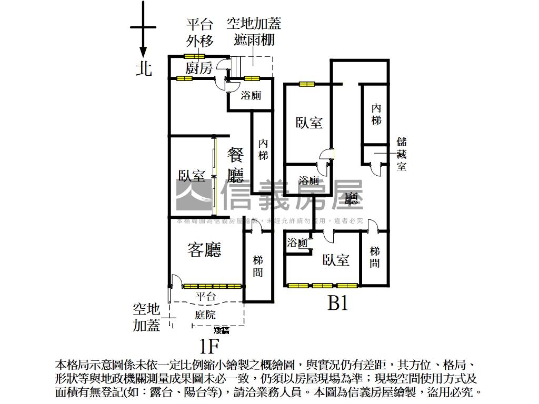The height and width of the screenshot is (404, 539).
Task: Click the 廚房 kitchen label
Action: tap(199, 68)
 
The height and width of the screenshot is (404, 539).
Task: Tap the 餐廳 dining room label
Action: tap(236, 165)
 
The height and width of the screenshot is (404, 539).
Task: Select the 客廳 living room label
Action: tap(204, 250)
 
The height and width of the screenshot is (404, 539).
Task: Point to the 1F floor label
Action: tap(209, 346)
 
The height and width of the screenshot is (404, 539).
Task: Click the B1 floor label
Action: tap(338, 303)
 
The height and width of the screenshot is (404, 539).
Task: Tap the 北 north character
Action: tap(144, 69)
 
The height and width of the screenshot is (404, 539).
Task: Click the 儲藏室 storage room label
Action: tap(402, 154)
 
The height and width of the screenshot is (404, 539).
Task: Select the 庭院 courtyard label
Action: tap(205, 315)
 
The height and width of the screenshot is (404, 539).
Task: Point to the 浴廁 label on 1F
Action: tap(251, 96)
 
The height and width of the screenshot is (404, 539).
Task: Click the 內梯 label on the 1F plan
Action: tap(263, 149)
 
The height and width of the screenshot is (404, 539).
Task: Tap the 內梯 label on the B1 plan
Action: tap(376, 114)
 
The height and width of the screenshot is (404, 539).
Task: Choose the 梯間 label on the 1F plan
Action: tap(258, 266)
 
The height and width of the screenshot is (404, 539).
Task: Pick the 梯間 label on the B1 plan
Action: tap(374, 257)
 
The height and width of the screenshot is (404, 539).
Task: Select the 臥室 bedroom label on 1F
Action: tap(192, 176)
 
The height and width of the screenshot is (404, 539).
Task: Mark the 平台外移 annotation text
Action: tap(199, 33)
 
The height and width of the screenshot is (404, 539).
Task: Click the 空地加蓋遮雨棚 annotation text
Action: tap(254, 32)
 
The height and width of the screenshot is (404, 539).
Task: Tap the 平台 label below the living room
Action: tap(206, 296)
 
